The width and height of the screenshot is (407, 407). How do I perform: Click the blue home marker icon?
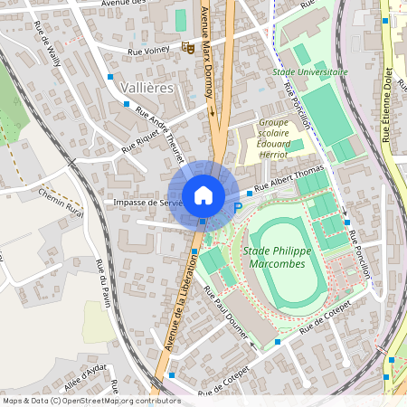pyautogui.click(x=203, y=195)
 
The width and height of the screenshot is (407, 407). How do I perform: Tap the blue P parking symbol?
pyautogui.click(x=239, y=207)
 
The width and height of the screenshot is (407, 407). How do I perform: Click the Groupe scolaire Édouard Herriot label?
pyautogui.click(x=282, y=137)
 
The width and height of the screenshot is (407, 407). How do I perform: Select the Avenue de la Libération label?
pyautogui.click(x=182, y=308)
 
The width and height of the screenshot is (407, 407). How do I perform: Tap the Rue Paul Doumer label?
pyautogui.click(x=226, y=314)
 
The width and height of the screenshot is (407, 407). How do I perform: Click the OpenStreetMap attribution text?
pyautogui.click(x=91, y=400)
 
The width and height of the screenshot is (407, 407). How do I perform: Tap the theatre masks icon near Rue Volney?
pyautogui.click(x=189, y=47)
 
